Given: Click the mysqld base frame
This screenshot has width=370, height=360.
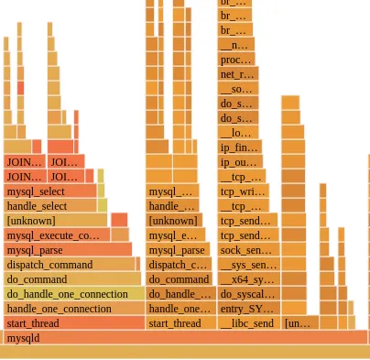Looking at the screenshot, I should click(183, 338).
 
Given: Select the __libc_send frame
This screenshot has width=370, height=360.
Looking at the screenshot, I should click(248, 323).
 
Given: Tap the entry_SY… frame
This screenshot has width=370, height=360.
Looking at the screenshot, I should click(248, 309).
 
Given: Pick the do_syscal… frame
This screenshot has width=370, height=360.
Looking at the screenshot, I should click(248, 294).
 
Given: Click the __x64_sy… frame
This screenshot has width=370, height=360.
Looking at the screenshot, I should click(248, 279).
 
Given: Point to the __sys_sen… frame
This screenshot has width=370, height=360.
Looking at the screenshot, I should click(248, 265).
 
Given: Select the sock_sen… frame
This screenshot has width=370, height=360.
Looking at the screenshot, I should click(246, 250).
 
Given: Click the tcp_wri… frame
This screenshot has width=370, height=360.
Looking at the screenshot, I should click(243, 191).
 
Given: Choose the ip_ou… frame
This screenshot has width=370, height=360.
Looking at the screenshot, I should click(241, 162).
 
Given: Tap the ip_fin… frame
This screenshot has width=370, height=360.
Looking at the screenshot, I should click(240, 147).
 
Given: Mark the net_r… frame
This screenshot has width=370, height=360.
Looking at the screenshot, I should click(237, 74).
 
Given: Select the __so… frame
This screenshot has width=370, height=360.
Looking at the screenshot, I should click(236, 89).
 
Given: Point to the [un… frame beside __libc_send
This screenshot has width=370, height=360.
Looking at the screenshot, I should click(299, 323).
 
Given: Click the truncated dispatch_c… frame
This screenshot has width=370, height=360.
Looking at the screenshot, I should click(179, 265).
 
